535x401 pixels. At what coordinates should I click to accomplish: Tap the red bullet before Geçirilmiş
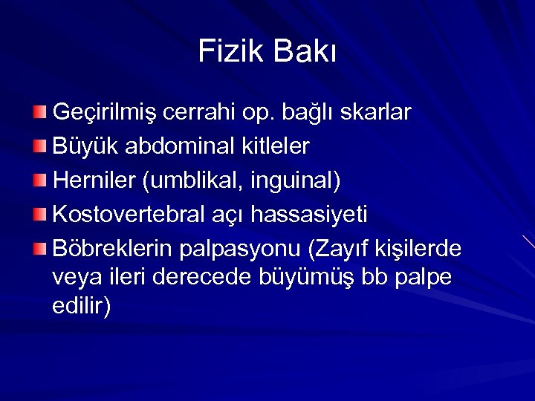point(39,113)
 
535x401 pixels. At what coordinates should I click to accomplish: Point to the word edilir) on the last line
point(82,306)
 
